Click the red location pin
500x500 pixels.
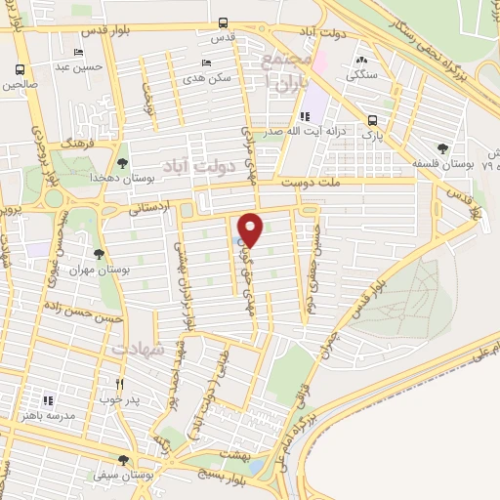pos(251,229)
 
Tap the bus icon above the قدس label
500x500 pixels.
pos(224,22)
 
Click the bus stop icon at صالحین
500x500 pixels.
pos(21,69)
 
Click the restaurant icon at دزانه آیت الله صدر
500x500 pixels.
pos(305,117)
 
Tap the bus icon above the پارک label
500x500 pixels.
pos(371,121)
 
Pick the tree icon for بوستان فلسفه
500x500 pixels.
pos(443,147)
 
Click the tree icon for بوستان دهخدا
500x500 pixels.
pos(122,163)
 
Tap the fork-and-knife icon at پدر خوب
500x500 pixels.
pos(120,384)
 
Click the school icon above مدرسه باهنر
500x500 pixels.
pos(46,399)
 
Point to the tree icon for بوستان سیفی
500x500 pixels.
pos(122,460)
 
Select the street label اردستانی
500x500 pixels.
pos(149,208)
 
